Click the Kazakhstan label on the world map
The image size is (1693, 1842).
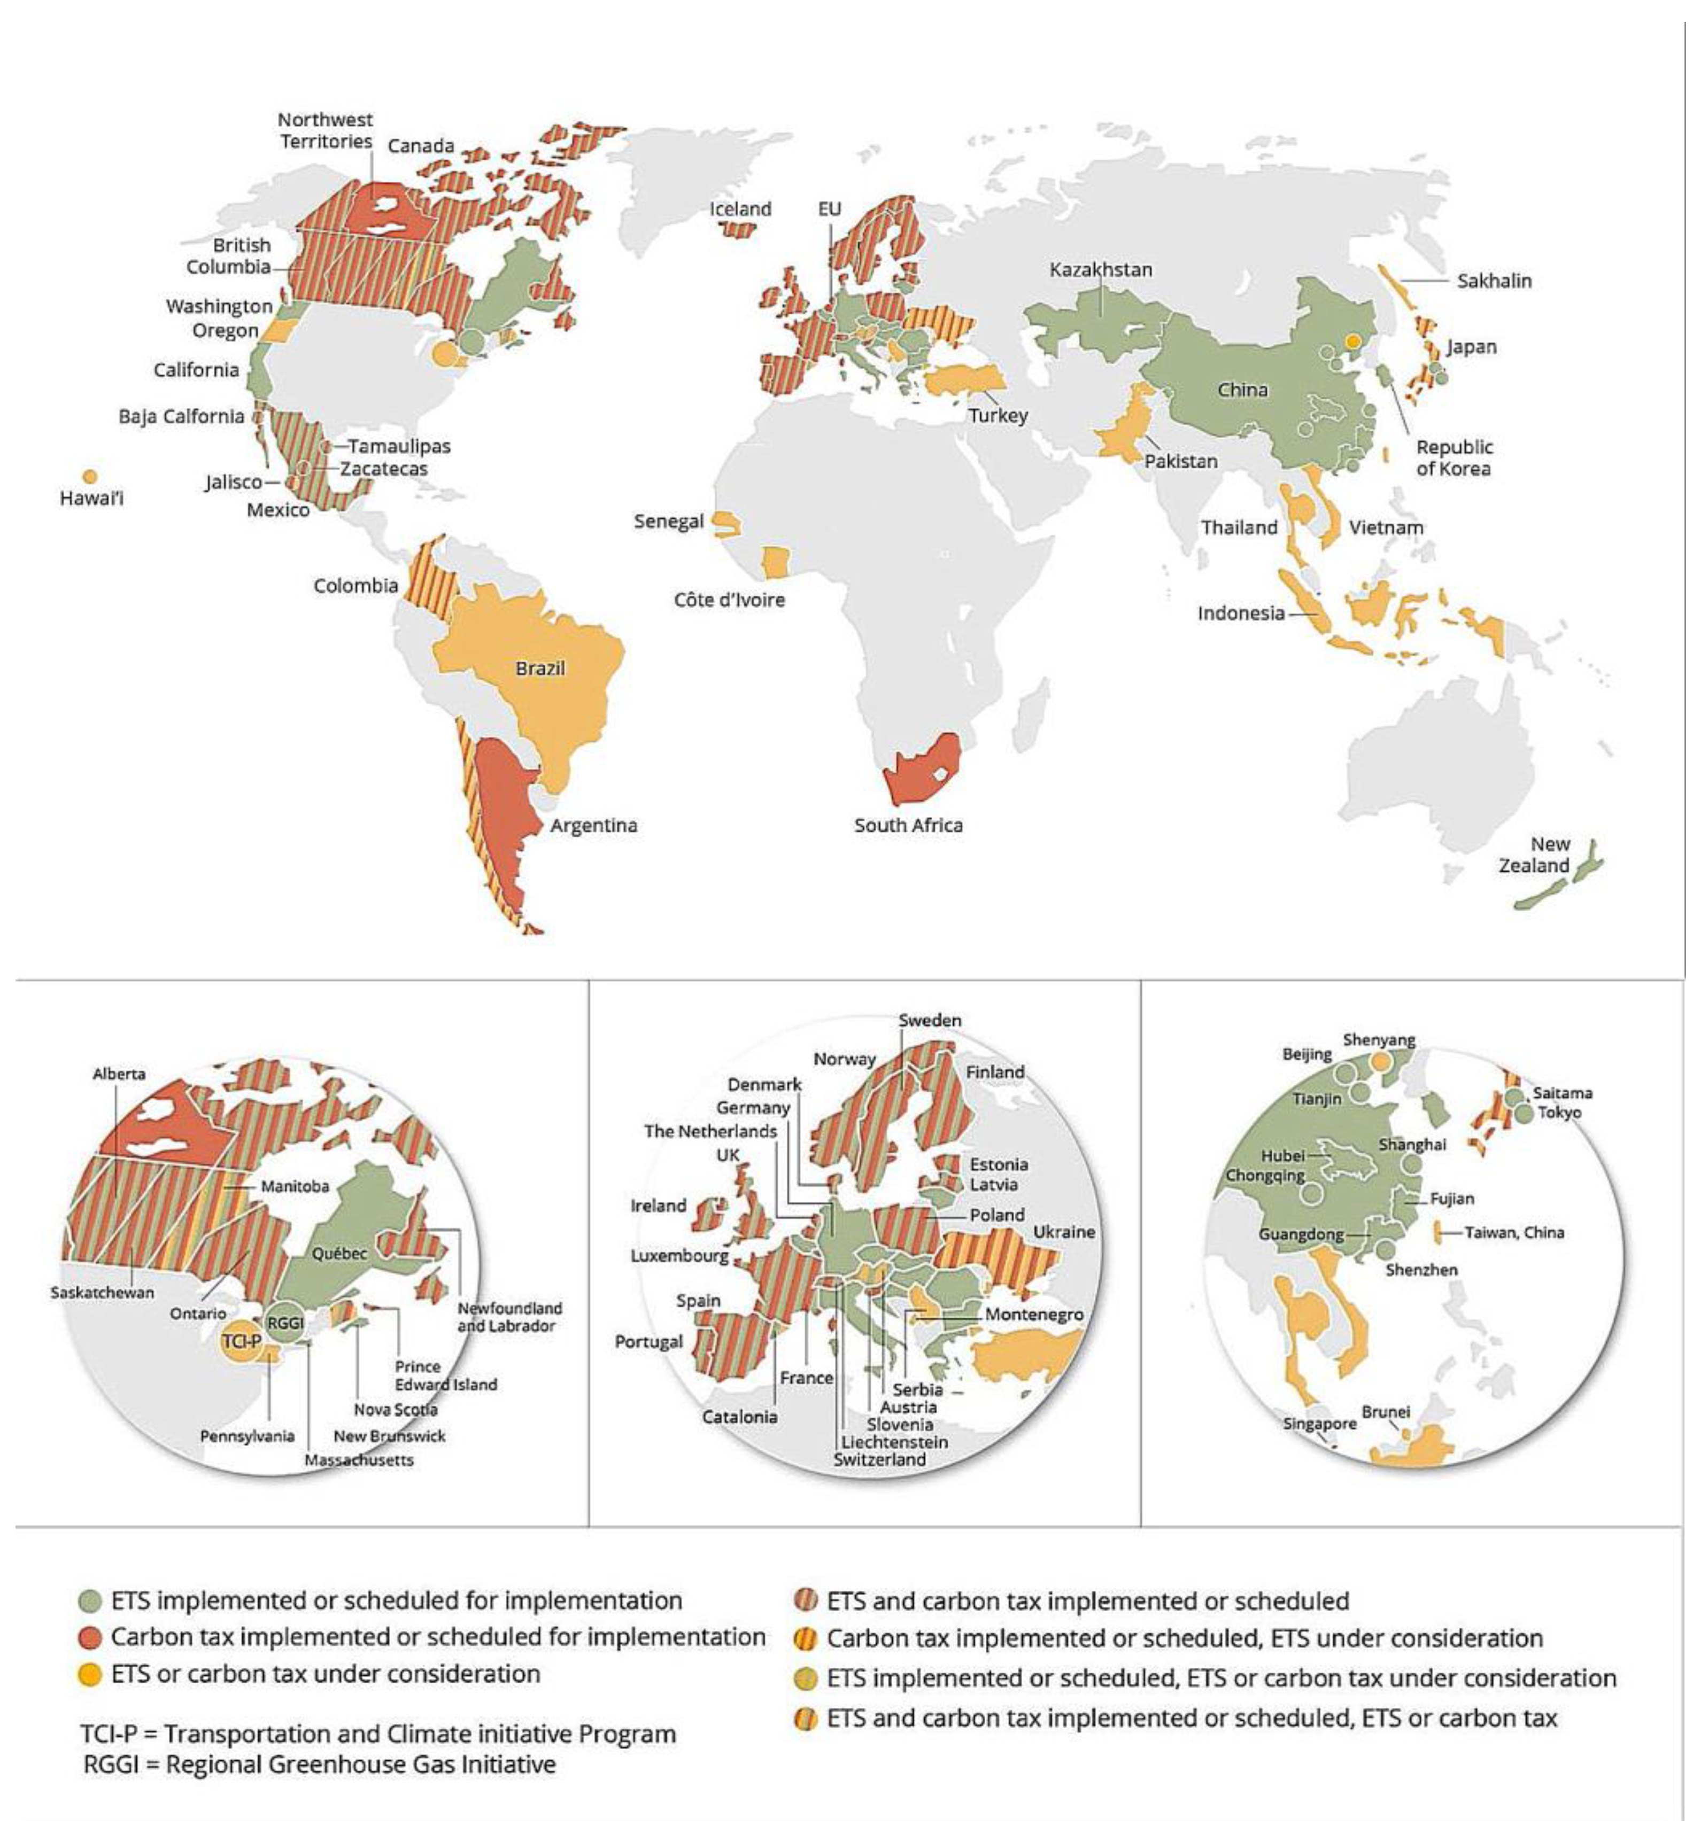coord(1100,269)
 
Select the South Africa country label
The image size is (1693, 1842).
coord(908,825)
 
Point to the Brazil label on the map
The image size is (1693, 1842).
coord(539,669)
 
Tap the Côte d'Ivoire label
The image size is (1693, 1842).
coord(729,600)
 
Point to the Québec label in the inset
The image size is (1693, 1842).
coord(339,1253)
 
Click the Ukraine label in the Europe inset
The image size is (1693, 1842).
coord(1064,1232)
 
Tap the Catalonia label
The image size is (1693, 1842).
coord(739,1416)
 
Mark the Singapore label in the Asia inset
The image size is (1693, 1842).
coord(1319,1424)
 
